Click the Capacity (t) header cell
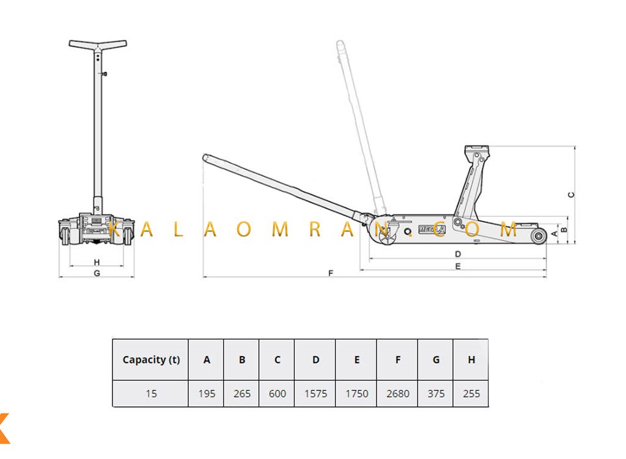click(x=151, y=360)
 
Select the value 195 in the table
click(x=207, y=394)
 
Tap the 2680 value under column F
click(x=397, y=394)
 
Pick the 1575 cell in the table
click(x=315, y=394)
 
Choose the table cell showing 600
click(x=277, y=394)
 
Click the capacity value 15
click(x=151, y=394)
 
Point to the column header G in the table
click(x=436, y=360)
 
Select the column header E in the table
click(x=357, y=360)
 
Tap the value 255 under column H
click(x=471, y=394)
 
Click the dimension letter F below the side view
click(x=331, y=273)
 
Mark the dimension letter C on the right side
click(x=572, y=195)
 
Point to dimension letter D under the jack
click(x=458, y=254)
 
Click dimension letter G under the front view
click(x=97, y=273)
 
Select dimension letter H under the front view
click(x=97, y=263)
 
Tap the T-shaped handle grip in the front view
click(x=98, y=45)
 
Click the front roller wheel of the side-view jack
click(x=539, y=236)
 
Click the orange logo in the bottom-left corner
click(x=4, y=428)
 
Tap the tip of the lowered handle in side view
click(x=205, y=157)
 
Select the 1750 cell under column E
click(x=356, y=394)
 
